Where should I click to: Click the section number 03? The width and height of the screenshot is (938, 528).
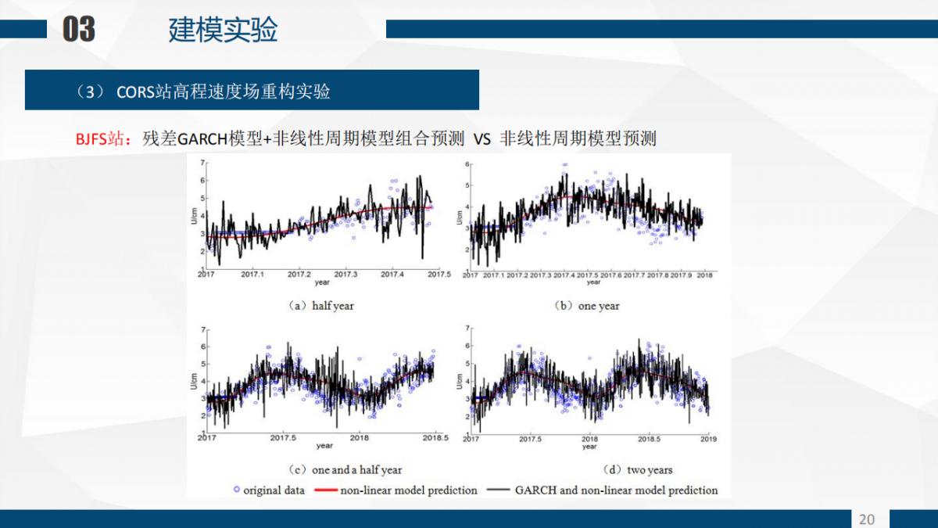(x=79, y=30)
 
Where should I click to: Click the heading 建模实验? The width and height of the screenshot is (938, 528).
(x=223, y=30)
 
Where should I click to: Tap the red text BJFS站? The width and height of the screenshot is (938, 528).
(x=99, y=140)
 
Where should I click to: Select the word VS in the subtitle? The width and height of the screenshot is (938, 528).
(x=482, y=140)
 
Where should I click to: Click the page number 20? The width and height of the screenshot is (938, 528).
(x=867, y=519)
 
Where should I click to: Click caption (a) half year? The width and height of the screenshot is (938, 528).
(x=320, y=306)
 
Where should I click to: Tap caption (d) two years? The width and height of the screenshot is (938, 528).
(x=638, y=470)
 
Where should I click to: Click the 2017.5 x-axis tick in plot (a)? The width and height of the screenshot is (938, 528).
(x=439, y=275)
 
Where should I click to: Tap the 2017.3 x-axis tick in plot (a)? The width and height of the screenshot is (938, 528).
(x=345, y=275)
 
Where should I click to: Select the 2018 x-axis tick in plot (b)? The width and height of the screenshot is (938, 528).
(x=704, y=275)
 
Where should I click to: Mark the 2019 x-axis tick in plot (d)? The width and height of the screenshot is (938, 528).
(x=707, y=439)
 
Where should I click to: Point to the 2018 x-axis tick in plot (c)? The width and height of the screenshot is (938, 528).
(x=359, y=438)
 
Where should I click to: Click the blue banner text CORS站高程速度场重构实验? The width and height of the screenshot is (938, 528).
(x=223, y=92)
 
